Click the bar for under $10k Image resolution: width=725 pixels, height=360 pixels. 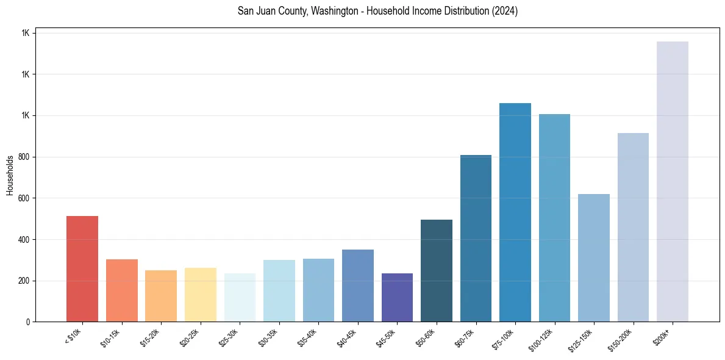pos(82,268)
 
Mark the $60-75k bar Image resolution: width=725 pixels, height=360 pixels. pos(476,238)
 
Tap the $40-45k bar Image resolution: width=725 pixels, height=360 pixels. pos(358,286)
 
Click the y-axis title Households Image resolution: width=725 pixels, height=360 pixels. pos(10,175)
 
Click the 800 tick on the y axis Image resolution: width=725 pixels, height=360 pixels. pos(24,157)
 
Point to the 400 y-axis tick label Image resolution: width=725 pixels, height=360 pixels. pos(24,239)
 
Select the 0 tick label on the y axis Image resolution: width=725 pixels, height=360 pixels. pos(28,322)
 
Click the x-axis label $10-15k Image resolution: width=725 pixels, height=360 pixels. pos(110,338)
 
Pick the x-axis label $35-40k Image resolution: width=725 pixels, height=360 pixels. pos(307,338)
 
